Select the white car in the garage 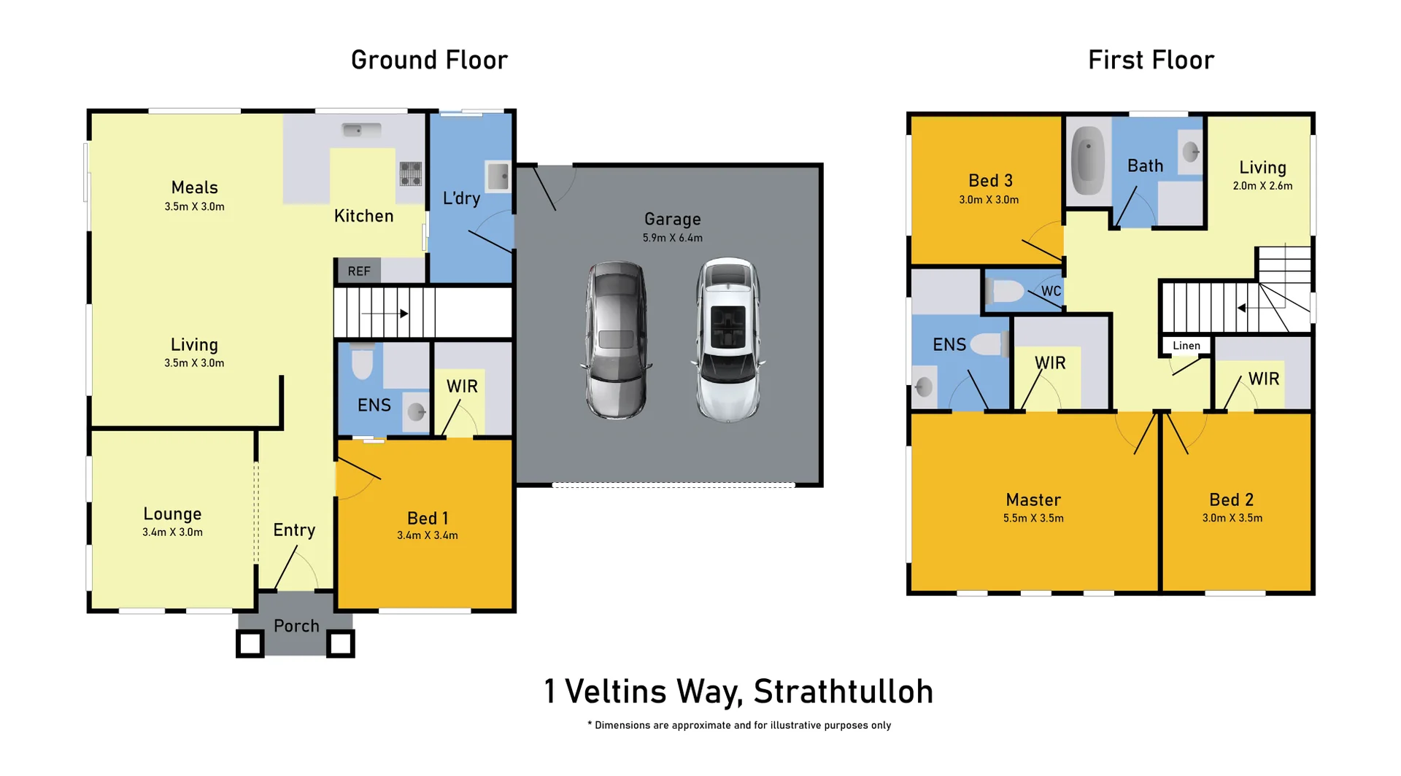tap(727, 340)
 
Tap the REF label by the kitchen tap(358, 271)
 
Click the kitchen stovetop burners tap(410, 174)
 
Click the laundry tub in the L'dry tap(498, 176)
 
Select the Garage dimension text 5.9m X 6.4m tap(672, 238)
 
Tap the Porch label tap(296, 626)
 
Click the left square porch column tap(250, 643)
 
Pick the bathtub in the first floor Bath tap(1088, 160)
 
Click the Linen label tap(1186, 346)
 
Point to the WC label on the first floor tap(1051, 291)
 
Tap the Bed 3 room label tap(989, 180)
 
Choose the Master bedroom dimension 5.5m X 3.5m tap(1033, 519)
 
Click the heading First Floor tap(1151, 60)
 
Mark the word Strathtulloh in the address tap(843, 691)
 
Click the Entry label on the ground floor tap(294, 530)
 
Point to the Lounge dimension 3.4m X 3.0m tap(172, 532)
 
